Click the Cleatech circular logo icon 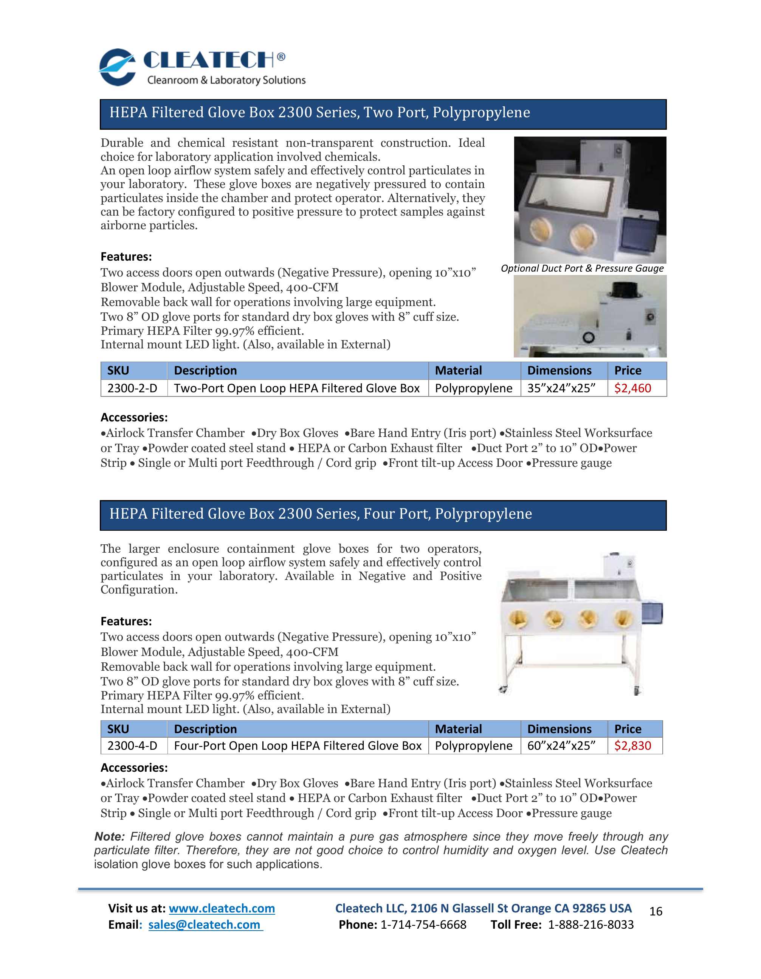tap(117, 67)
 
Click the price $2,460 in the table tap(632, 388)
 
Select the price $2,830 tap(632, 746)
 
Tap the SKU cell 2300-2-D tap(133, 388)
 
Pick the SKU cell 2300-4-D tap(133, 746)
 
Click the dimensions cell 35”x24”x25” tap(561, 388)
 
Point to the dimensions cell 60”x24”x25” tap(561, 746)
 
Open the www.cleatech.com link tap(222, 908)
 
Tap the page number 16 tap(655, 911)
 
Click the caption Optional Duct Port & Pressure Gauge tap(582, 268)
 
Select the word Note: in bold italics tap(109, 836)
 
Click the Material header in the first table tap(458, 371)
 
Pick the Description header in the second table tap(205, 729)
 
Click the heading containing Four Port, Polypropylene tap(320, 514)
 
